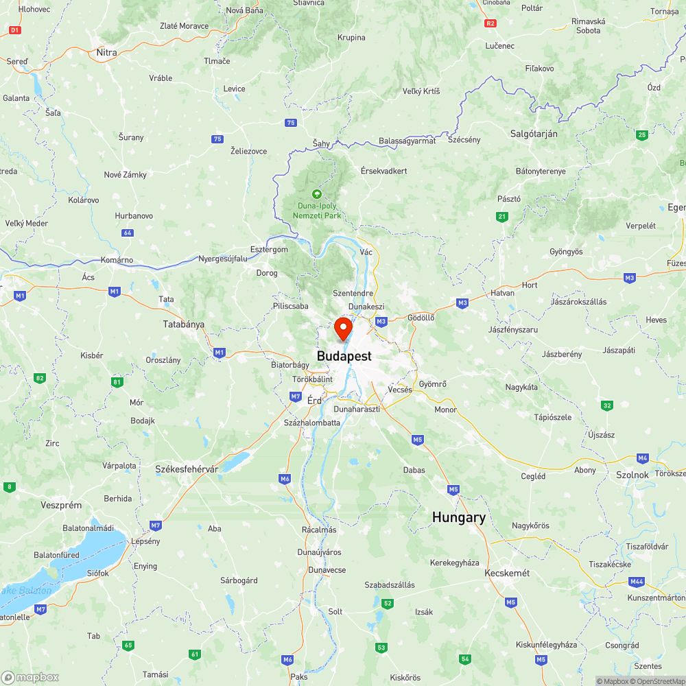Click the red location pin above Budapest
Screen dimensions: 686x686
[x=344, y=327]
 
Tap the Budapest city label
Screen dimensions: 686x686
[x=344, y=356]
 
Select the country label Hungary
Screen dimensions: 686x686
[x=459, y=518]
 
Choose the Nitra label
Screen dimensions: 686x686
[x=106, y=52]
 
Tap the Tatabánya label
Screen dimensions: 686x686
[x=184, y=324]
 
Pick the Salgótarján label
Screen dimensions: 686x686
[x=534, y=134]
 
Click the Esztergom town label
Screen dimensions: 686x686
[x=269, y=250]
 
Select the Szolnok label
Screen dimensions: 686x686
[x=632, y=475]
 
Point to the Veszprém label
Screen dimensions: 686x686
[x=61, y=506]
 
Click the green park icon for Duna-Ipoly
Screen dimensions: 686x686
[x=316, y=194]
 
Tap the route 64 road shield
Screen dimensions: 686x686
[x=127, y=233]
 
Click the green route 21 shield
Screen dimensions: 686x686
[x=503, y=217]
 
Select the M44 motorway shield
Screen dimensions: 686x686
[x=637, y=582]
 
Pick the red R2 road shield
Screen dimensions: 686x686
[x=490, y=23]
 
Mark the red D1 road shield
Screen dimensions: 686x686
[x=16, y=30]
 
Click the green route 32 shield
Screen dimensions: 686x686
[x=607, y=405]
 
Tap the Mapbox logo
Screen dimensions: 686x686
[x=30, y=677]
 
